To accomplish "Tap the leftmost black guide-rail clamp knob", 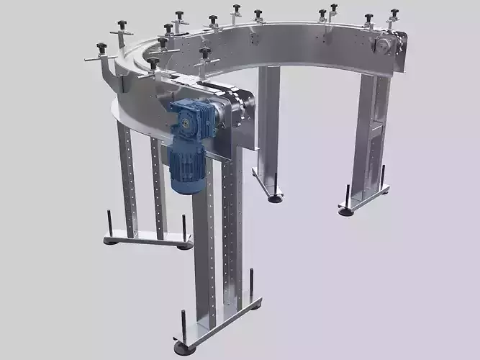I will click(101, 48).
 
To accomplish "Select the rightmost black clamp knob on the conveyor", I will click(394, 14).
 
